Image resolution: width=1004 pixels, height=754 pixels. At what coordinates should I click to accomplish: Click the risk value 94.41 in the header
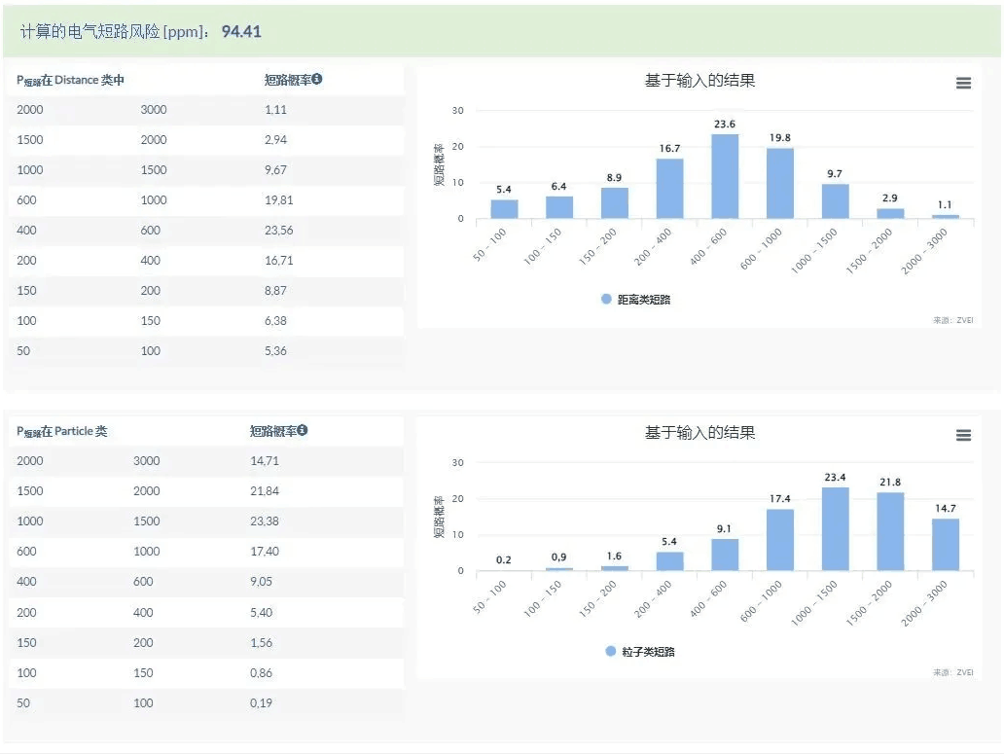pyautogui.click(x=241, y=31)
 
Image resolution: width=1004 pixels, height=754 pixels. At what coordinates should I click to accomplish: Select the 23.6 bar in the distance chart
pyautogui.click(x=725, y=176)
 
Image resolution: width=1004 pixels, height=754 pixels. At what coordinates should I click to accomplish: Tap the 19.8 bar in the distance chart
pyautogui.click(x=780, y=183)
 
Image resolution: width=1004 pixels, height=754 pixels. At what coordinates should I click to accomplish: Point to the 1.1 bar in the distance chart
pyautogui.click(x=946, y=216)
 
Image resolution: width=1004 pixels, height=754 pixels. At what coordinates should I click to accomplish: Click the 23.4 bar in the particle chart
pyautogui.click(x=835, y=529)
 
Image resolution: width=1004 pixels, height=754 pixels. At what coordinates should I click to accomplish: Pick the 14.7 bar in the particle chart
pyautogui.click(x=946, y=545)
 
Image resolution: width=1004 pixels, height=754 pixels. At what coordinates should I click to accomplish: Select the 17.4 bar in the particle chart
pyautogui.click(x=780, y=540)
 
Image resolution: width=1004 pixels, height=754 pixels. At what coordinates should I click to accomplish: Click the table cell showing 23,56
pyautogui.click(x=278, y=231)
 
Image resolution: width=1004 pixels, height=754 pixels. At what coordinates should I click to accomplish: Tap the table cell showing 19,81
pyautogui.click(x=278, y=200)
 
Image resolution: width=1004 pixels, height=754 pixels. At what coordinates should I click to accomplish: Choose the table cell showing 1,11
pyautogui.click(x=275, y=110)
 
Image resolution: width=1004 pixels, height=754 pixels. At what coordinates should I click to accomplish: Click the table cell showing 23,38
pyautogui.click(x=265, y=521)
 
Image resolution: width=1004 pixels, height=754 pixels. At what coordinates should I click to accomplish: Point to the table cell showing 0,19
pyautogui.click(x=262, y=702)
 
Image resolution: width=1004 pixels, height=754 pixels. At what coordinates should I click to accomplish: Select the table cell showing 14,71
pyautogui.click(x=265, y=460)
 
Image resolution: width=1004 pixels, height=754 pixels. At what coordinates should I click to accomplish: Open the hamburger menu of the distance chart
pyautogui.click(x=963, y=84)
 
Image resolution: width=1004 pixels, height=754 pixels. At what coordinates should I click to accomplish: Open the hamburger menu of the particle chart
pyautogui.click(x=963, y=436)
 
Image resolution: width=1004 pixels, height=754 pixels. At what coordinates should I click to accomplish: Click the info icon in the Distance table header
pyautogui.click(x=317, y=80)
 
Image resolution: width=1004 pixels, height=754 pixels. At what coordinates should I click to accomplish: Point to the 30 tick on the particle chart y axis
pyautogui.click(x=457, y=463)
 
